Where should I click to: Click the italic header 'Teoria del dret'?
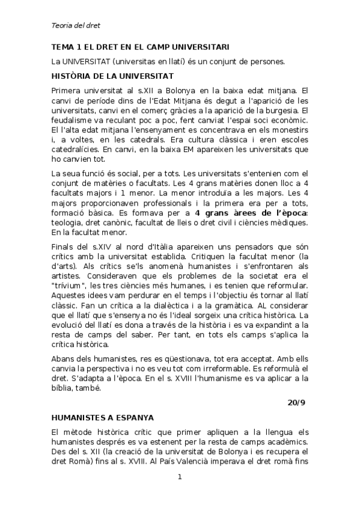[x=75, y=26]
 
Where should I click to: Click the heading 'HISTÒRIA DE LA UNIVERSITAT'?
[x=112, y=76]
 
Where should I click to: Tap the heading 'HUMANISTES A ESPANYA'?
[x=103, y=417]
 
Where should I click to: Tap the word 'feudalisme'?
[x=72, y=120]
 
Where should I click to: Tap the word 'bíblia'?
[x=62, y=388]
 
